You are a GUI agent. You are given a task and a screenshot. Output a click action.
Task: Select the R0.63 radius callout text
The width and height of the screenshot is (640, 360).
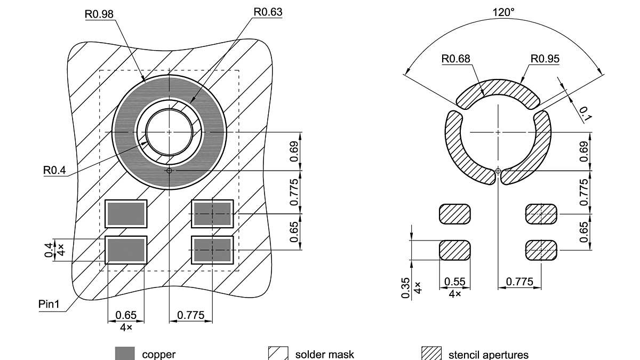coord(267,11)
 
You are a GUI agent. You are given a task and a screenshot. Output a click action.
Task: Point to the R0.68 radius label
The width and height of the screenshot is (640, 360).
coord(456,59)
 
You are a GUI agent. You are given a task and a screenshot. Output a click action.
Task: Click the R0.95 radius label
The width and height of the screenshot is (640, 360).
coord(545,59)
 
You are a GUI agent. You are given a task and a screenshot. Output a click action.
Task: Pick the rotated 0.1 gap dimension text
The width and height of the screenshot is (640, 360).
coord(585,114)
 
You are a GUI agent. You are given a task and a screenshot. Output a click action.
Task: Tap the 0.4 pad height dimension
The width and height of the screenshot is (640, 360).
coord(49,249)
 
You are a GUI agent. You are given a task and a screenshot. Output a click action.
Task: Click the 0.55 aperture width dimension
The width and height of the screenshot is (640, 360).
coord(455,282)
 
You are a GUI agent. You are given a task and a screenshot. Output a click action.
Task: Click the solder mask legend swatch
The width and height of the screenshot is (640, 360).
coord(278,354)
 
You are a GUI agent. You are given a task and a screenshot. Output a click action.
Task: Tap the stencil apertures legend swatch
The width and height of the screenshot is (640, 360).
coord(431,354)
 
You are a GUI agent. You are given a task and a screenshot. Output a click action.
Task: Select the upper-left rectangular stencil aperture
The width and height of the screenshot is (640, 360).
coord(455,214)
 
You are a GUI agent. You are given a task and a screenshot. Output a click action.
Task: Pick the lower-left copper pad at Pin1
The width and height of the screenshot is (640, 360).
coord(126,250)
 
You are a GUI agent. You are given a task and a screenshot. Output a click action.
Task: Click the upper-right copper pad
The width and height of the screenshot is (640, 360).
coord(212,214)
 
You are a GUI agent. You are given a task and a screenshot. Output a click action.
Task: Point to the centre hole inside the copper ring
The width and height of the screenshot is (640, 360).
coord(169,131)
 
